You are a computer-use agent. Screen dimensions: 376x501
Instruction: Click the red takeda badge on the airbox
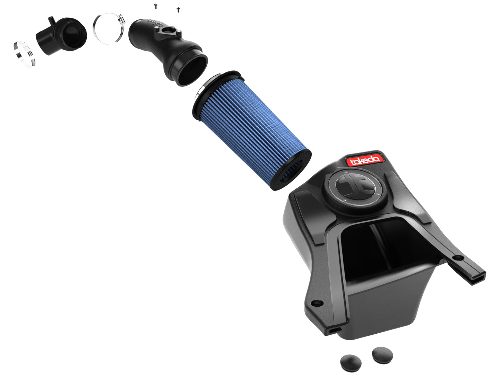[x=366, y=160]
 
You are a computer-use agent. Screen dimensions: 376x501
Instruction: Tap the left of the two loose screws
[x=156, y=6]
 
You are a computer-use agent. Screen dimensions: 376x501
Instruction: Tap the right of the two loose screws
[x=178, y=10]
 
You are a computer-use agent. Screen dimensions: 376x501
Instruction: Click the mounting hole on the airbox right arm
[x=459, y=258]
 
